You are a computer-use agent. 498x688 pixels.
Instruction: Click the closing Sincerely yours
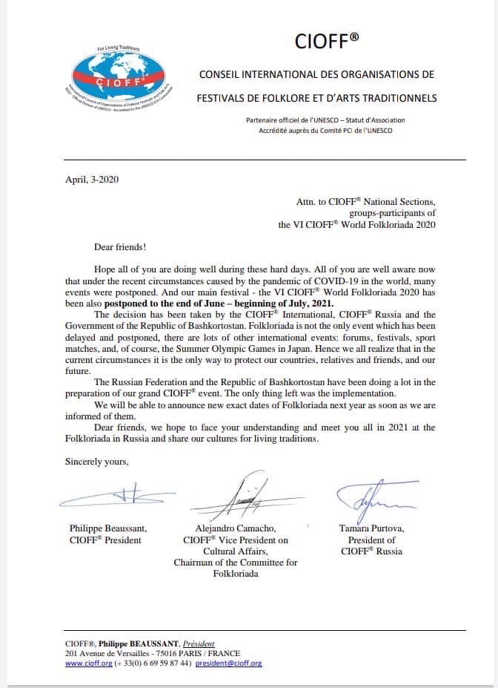(x=96, y=461)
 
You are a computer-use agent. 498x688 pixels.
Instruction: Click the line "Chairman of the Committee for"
(x=236, y=562)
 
